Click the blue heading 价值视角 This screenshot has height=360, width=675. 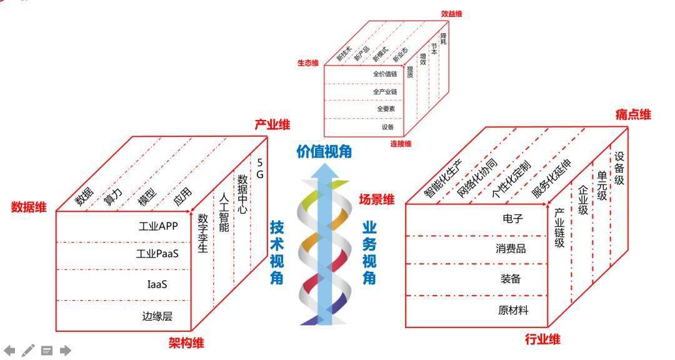point(324,152)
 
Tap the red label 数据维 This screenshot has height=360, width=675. point(29,207)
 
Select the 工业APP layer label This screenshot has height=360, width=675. point(158,226)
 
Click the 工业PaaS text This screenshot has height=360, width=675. point(157,254)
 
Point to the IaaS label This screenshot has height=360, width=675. point(157,284)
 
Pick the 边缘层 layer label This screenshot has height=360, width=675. point(157,316)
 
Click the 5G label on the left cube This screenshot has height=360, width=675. point(259,168)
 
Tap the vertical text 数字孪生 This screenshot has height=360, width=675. point(202,233)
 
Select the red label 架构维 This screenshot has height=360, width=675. point(186,343)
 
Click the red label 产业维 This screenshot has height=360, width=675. point(272,125)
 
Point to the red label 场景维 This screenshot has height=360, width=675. point(377,199)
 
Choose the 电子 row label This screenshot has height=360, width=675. point(512,219)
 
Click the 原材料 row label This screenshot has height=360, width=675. point(513,310)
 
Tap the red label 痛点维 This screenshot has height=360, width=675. point(633,114)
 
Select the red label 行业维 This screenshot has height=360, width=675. point(542,339)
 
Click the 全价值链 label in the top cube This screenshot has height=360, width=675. point(385,74)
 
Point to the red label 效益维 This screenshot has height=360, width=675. point(452,14)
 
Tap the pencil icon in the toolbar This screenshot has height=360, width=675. point(27,351)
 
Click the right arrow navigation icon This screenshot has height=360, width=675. point(65,351)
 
